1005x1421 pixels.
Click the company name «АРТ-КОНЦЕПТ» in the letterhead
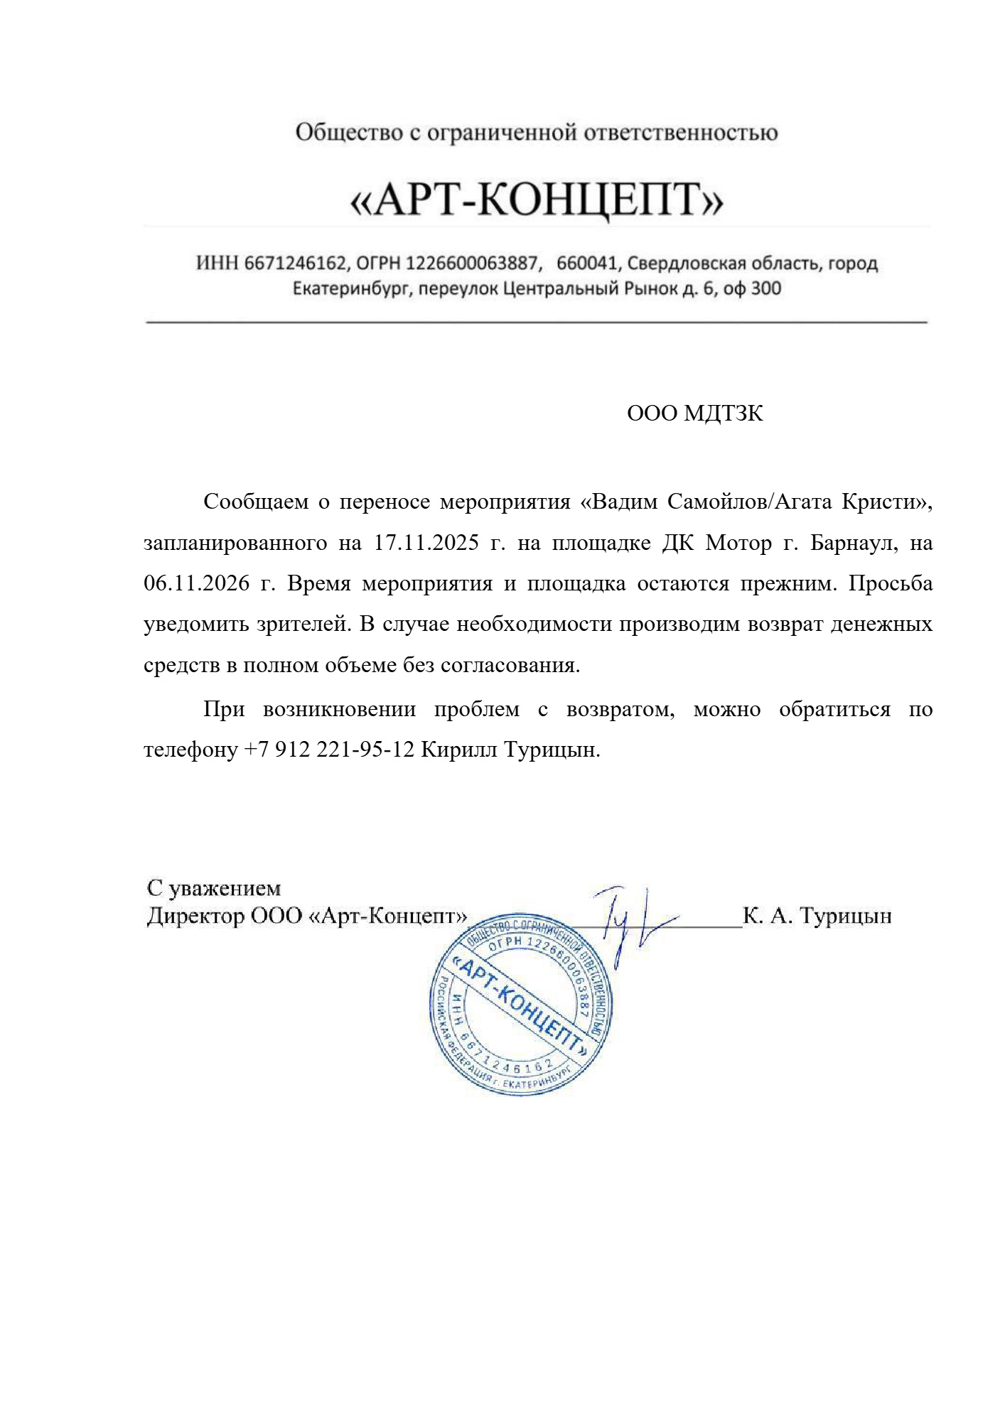537,199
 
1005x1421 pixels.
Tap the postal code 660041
586,264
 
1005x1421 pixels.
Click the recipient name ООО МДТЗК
694,414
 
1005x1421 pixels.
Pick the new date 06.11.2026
196,584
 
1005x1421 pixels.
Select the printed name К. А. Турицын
817,917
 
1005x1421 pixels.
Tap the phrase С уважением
214,888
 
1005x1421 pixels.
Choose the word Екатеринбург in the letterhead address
352,289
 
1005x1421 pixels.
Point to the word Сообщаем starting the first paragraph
255,502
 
